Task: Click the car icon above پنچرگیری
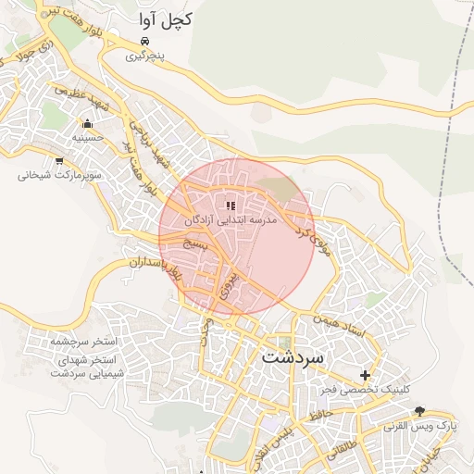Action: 144,42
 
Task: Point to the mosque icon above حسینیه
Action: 88,123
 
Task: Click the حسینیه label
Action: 88,138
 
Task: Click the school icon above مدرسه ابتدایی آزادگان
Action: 231,206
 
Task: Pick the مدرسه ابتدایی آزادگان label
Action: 231,221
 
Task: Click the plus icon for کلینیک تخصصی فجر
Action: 366,376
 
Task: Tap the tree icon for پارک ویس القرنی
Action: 420,410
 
